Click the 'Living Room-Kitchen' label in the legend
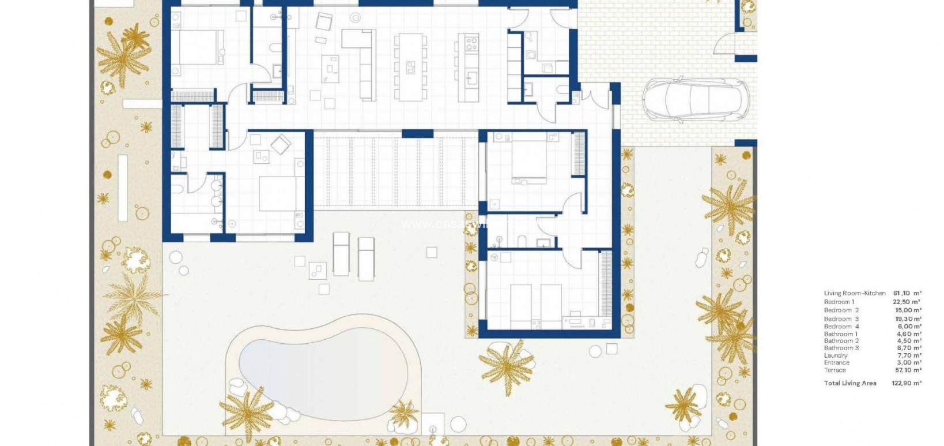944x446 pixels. click(854, 294)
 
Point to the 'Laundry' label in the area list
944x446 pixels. click(836, 355)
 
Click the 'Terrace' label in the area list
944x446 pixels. click(835, 370)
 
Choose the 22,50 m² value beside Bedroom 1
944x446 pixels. click(907, 302)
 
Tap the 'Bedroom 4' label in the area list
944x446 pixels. click(841, 327)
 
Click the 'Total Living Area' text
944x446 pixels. click(850, 383)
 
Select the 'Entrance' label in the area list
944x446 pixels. click(837, 363)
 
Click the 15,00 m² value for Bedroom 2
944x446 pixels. click(907, 310)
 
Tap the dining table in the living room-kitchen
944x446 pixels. click(410, 67)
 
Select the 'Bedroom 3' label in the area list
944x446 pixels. click(841, 319)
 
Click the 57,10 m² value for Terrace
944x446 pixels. click(907, 370)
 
